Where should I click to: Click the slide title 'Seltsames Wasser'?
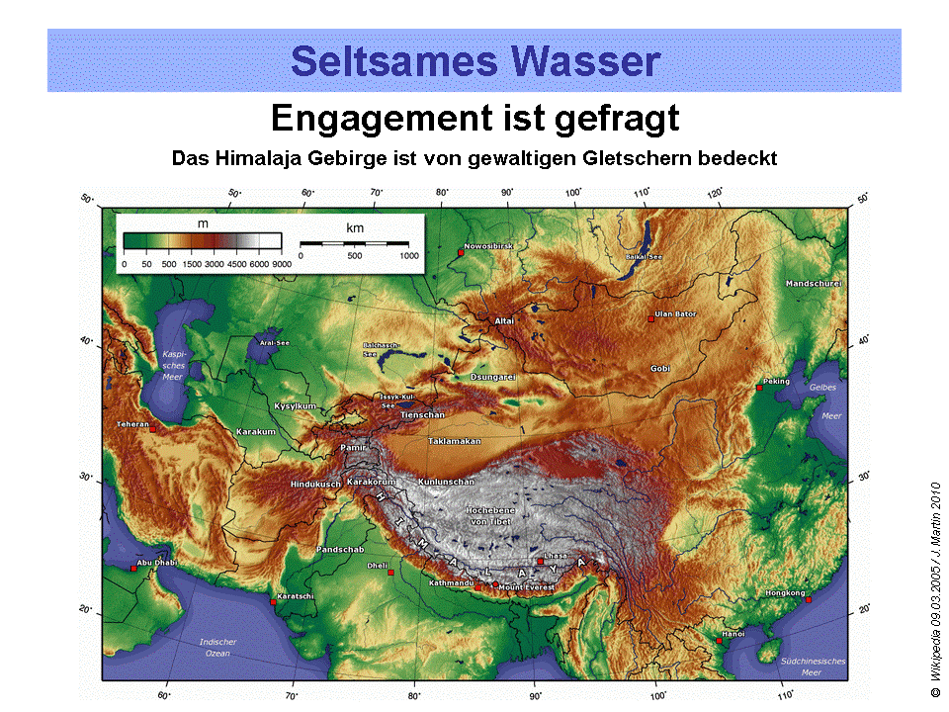(474, 61)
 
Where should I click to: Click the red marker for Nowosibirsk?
(461, 254)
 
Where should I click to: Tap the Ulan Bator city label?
(675, 314)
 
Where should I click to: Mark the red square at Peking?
(759, 388)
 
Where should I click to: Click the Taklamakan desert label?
(454, 441)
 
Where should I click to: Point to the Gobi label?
(660, 369)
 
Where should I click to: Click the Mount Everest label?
(527, 588)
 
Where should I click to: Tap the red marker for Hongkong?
(808, 599)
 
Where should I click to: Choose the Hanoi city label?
(733, 633)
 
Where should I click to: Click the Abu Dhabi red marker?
(133, 568)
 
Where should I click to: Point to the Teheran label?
(132, 424)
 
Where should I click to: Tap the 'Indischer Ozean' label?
(217, 648)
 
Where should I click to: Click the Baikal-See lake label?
(645, 257)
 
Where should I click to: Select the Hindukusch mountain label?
(315, 484)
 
